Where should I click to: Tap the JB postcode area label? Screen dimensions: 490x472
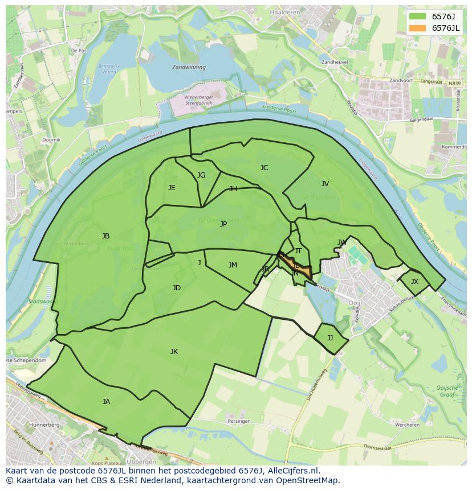tap(105, 236)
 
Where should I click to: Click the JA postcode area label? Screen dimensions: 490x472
tap(106, 402)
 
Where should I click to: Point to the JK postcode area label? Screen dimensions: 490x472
tap(174, 352)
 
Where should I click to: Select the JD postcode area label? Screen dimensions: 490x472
tap(177, 288)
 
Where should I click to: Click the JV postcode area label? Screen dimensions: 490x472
tap(325, 184)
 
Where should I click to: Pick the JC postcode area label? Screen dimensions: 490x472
tap(264, 168)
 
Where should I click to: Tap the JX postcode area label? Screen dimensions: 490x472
tap(414, 282)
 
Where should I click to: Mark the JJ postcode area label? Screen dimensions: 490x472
tap(330, 338)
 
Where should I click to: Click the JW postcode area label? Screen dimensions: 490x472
tap(342, 242)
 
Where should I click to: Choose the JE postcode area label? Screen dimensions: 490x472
tap(172, 188)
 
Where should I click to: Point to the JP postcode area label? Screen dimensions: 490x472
tap(223, 224)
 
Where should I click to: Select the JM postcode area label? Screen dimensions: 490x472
tap(233, 265)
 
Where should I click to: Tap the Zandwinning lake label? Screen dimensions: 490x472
tap(189, 67)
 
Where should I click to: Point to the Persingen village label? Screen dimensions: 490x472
tap(239, 421)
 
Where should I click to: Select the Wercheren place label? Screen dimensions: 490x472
tap(408, 425)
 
